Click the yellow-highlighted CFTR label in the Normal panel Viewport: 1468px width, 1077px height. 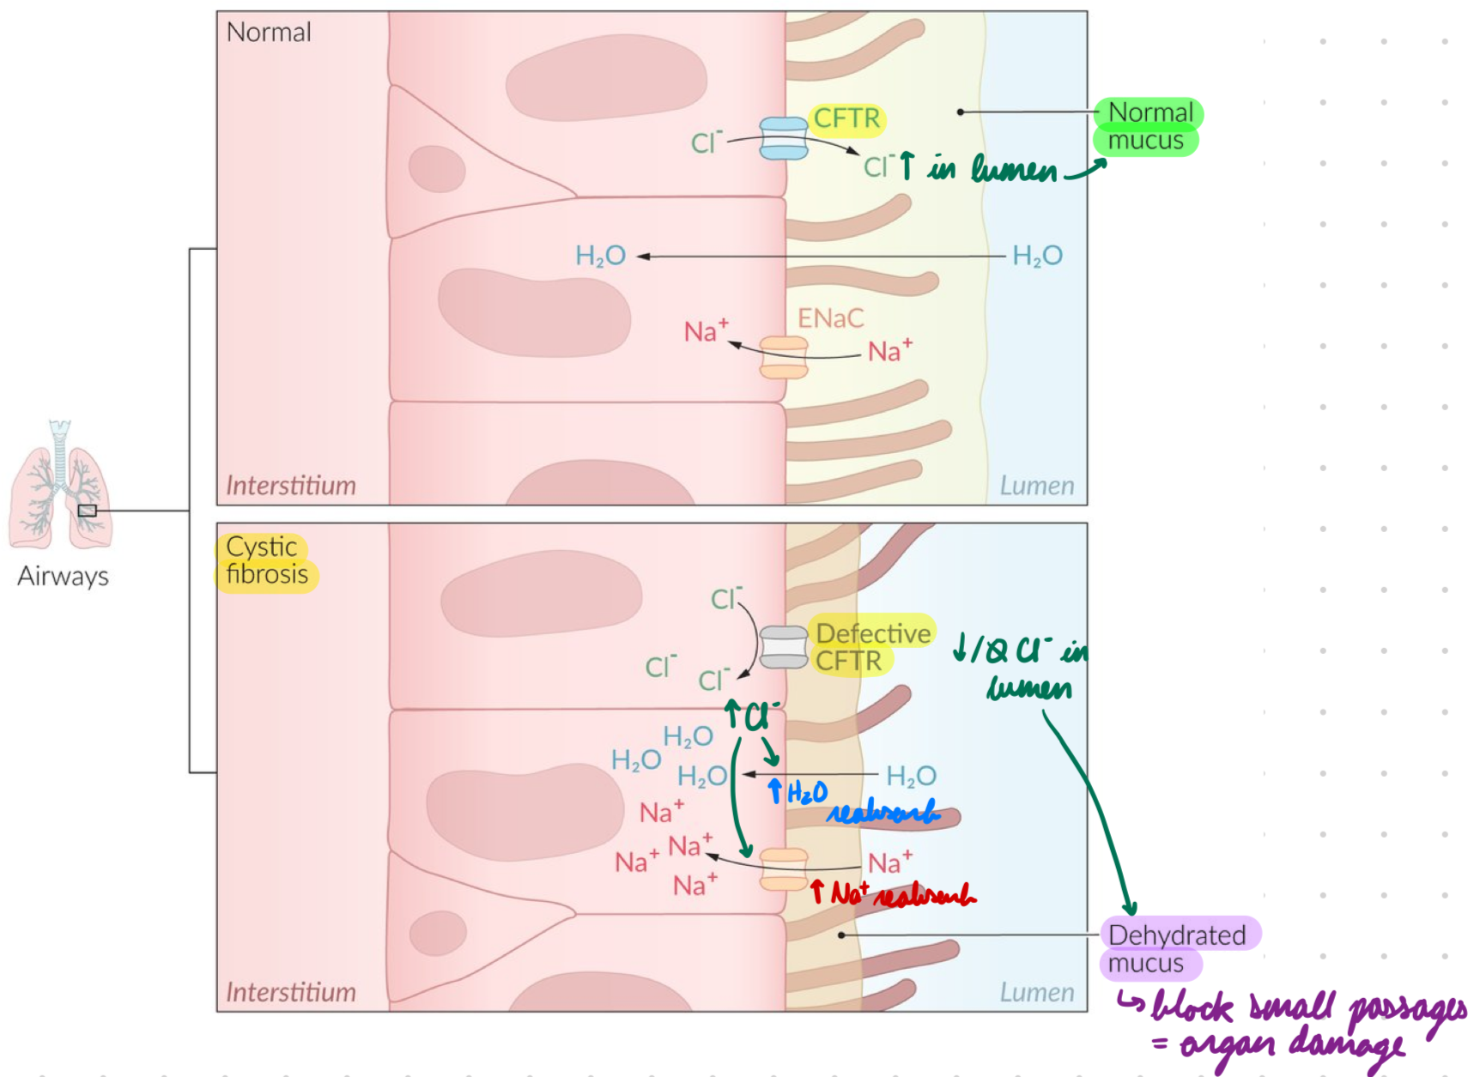(846, 118)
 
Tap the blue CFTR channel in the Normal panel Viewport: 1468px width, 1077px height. (783, 139)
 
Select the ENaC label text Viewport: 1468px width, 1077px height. (830, 318)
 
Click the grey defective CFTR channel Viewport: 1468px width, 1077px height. (783, 647)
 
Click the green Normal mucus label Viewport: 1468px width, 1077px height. (1148, 126)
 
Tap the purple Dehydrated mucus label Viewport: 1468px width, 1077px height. (1176, 947)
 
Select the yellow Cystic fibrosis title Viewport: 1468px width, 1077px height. (265, 560)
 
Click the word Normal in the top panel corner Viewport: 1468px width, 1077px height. (268, 33)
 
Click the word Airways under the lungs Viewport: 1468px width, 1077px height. (63, 576)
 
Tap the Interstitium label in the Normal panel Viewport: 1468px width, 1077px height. (290, 486)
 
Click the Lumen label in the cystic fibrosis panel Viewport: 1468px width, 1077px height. (1036, 992)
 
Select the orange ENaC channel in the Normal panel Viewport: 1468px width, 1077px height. (783, 357)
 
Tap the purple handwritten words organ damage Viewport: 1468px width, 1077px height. (1292, 1045)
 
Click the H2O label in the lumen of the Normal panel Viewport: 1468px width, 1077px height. (1037, 256)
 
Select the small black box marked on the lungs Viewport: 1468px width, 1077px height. (87, 511)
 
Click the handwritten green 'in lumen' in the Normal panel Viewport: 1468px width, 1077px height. (992, 168)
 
